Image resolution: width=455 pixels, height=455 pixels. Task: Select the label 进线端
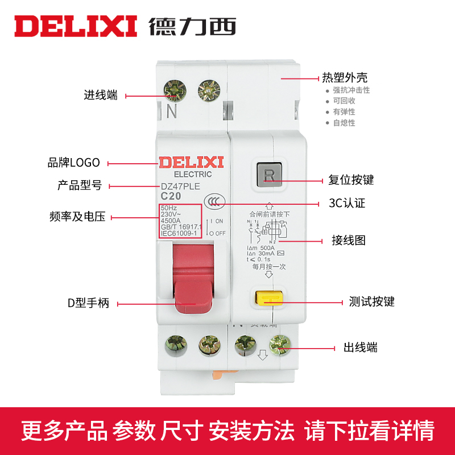click(101, 96)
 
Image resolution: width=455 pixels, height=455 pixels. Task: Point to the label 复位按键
click(351, 180)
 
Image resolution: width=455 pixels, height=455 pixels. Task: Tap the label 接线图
click(348, 240)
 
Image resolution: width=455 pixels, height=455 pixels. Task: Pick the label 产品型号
click(80, 185)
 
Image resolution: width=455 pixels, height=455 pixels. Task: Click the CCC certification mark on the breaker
click(214, 202)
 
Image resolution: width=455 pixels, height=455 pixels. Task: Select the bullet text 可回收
click(344, 101)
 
